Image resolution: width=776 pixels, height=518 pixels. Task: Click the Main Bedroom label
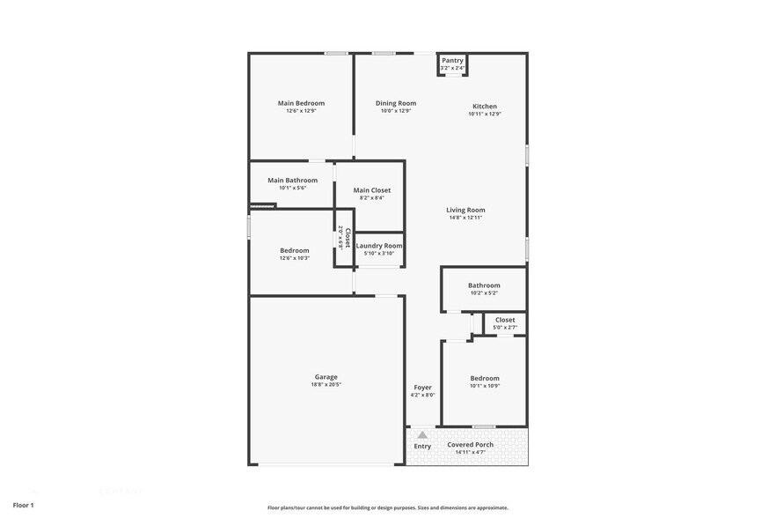pyautogui.click(x=301, y=103)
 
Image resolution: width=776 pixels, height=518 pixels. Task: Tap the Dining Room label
pyautogui.click(x=396, y=103)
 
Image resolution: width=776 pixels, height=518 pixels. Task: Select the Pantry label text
pyautogui.click(x=452, y=61)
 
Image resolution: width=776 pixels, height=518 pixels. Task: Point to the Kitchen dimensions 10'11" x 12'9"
pyautogui.click(x=485, y=114)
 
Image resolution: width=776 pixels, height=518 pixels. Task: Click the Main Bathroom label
pyautogui.click(x=292, y=180)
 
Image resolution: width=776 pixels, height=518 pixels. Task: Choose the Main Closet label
pyautogui.click(x=372, y=189)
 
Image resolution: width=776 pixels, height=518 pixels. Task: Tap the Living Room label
pyautogui.click(x=465, y=210)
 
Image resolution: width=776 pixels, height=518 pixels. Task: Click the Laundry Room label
pyautogui.click(x=379, y=246)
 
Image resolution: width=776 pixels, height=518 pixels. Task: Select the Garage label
pyautogui.click(x=326, y=376)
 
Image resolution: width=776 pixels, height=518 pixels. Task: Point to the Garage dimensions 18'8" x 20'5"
pyautogui.click(x=326, y=385)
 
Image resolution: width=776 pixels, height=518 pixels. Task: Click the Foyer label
pyautogui.click(x=422, y=387)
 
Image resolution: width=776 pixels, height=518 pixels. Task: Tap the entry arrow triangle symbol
pyautogui.click(x=422, y=434)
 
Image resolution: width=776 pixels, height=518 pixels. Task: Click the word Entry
pyautogui.click(x=422, y=446)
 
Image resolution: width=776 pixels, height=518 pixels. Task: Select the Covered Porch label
pyautogui.click(x=471, y=444)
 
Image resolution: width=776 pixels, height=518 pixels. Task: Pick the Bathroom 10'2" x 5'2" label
pyautogui.click(x=484, y=285)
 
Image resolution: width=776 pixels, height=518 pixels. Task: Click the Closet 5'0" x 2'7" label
pyautogui.click(x=505, y=320)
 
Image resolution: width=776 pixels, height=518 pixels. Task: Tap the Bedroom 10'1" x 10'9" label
pyautogui.click(x=485, y=378)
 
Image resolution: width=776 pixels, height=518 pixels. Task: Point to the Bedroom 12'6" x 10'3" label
pyautogui.click(x=295, y=250)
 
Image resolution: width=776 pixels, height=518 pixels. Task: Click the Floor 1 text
pyautogui.click(x=23, y=505)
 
